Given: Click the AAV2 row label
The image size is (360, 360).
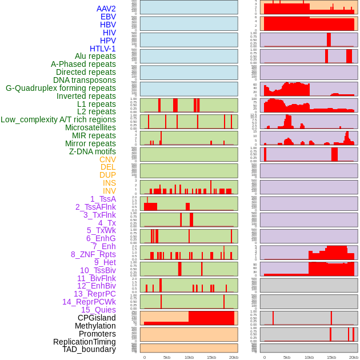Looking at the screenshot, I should coord(106,9).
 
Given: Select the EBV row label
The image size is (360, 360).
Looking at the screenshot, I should coord(108,17).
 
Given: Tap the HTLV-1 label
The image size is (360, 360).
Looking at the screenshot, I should coord(102,49).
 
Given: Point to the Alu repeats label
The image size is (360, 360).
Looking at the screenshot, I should coord(95,56).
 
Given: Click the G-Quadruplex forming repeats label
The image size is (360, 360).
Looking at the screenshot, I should coord(61,88).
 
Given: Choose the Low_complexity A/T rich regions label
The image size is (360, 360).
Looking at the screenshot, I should coord(58,119).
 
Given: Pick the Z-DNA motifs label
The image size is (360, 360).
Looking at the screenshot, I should coord(93,151).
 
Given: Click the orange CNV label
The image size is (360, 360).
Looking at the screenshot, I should coord(107,159).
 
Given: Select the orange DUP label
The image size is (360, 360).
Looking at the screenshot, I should coord(107,175).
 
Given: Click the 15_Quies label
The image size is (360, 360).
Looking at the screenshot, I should coord(98,310).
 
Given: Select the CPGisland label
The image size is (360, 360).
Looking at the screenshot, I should coord(97,318).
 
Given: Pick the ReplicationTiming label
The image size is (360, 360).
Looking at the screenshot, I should coord(85,342).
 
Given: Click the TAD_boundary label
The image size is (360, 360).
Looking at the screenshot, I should coord(89,349).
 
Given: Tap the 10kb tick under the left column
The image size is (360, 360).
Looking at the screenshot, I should coord(189,357).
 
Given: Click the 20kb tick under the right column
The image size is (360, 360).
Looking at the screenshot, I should coord(354,357).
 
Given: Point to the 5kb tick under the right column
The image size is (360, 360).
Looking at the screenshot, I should coord(287,357).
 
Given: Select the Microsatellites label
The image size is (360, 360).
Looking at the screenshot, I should coord(90,127).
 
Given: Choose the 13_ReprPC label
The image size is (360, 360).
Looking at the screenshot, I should coord(94,294).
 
